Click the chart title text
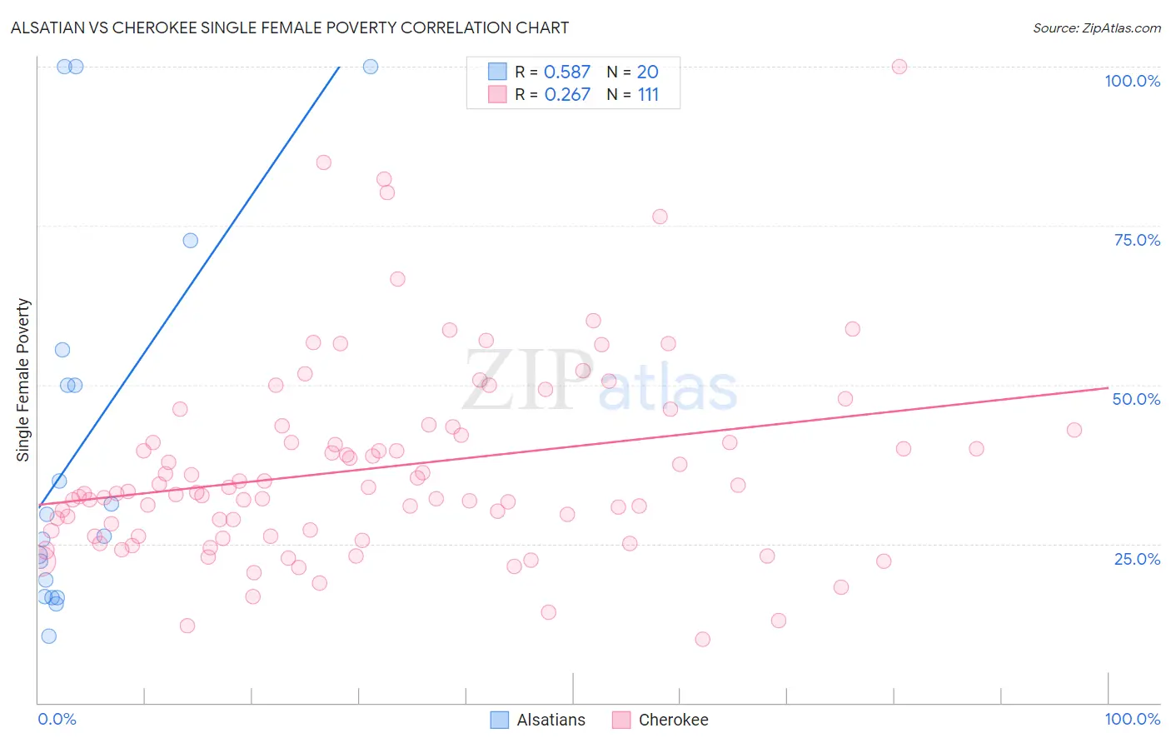tap(289, 27)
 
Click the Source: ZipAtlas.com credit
tap(1096, 27)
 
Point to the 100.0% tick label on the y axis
tap(1132, 81)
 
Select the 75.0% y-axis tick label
tap(1137, 240)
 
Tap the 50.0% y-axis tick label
tap(1136, 399)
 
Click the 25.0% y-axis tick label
tap(1137, 558)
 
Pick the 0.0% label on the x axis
tap(57, 719)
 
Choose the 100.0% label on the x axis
tap(1132, 719)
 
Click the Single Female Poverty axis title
tap(23, 380)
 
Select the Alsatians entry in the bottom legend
tap(551, 720)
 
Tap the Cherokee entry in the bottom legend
tap(673, 720)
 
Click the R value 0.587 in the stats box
tap(566, 72)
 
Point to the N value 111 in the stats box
tap(648, 95)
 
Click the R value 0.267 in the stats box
tap(566, 95)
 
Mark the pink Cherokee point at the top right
tap(899, 67)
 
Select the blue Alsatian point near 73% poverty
tap(190, 241)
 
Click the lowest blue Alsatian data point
tap(49, 636)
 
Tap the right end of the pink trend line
tap(1108, 387)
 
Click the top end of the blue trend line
tap(339, 67)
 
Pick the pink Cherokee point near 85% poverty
tap(323, 162)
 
